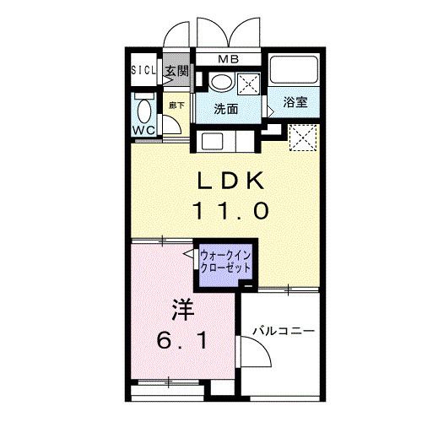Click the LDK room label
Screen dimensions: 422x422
tap(230, 181)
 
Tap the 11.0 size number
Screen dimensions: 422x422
tap(230, 211)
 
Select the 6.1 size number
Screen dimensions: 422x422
tap(182, 340)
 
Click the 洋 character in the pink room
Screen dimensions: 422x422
tap(183, 310)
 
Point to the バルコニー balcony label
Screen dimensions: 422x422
tap(284, 331)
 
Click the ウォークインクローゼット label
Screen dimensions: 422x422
tap(225, 262)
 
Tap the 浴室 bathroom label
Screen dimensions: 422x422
tap(295, 102)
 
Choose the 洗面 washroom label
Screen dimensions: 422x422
tap(226, 109)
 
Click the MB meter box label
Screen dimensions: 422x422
tap(229, 59)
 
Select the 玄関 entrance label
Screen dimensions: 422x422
tap(176, 72)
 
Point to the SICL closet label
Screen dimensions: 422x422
tap(143, 70)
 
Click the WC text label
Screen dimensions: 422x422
tap(143, 130)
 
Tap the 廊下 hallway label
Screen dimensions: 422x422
tap(176, 105)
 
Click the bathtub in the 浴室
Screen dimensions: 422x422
tap(294, 69)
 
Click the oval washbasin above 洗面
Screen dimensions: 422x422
tap(221, 83)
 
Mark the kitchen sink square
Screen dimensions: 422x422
tap(213, 142)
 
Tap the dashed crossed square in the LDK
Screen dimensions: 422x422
tap(304, 138)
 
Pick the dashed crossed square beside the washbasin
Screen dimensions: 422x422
tap(248, 84)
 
